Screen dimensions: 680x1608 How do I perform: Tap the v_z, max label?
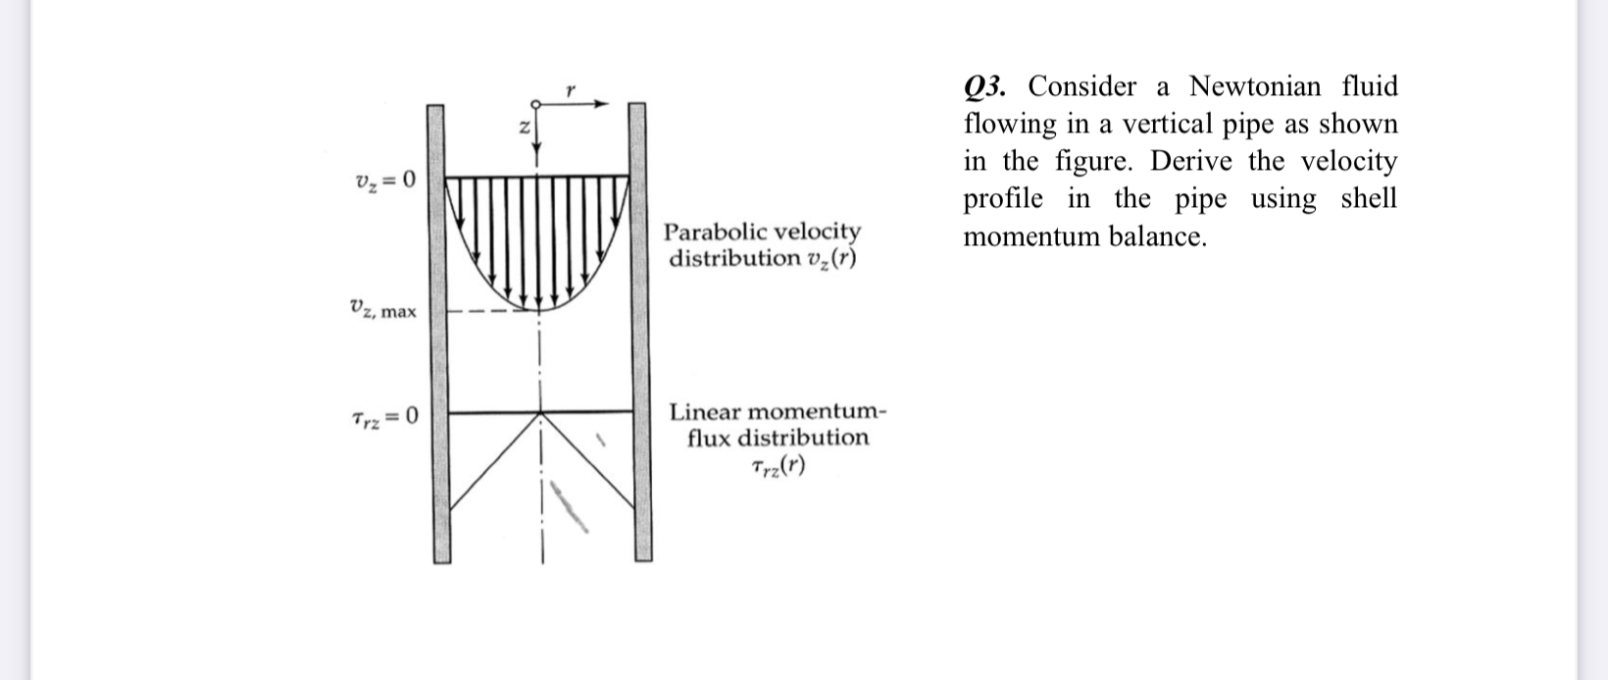click(x=382, y=310)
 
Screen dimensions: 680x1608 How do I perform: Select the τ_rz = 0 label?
click(x=384, y=417)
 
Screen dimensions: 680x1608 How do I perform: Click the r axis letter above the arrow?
click(x=570, y=90)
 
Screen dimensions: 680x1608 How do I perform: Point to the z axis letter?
click(x=524, y=128)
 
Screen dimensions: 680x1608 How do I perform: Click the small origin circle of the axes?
click(x=535, y=104)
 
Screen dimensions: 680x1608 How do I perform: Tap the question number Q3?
click(x=985, y=87)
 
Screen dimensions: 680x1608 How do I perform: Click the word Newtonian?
click(x=1255, y=86)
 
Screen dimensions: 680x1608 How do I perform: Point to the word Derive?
click(x=1191, y=161)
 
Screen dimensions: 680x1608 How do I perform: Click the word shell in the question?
click(x=1369, y=198)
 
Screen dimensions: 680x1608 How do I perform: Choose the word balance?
click(x=1157, y=236)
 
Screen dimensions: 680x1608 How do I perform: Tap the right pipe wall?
click(x=639, y=334)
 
